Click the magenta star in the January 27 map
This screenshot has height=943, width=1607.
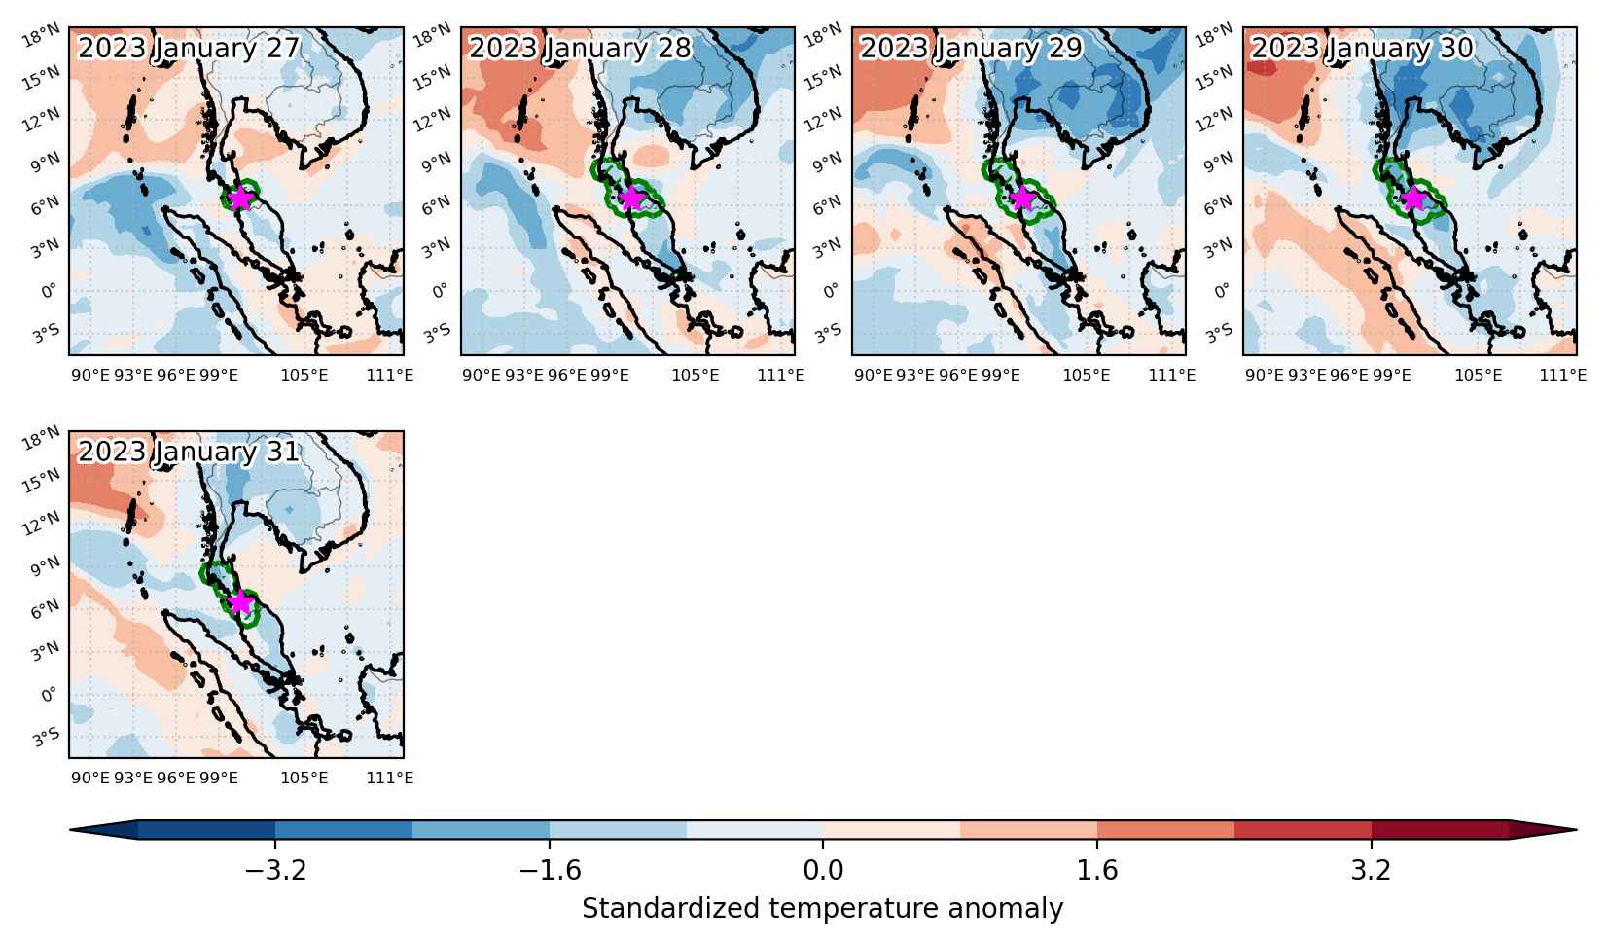tap(241, 198)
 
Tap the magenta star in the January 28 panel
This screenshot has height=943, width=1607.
tap(631, 198)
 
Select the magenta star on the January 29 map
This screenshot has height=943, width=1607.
tap(1022, 198)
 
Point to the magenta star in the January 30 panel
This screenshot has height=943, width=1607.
tap(1413, 198)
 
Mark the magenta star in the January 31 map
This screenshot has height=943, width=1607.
tap(241, 602)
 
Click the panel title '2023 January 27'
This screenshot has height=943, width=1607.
tap(189, 48)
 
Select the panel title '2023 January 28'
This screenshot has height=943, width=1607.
tap(580, 48)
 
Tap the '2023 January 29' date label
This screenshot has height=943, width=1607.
tap(971, 48)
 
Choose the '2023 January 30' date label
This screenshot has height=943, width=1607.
tap(1362, 48)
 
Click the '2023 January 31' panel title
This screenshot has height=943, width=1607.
tap(189, 453)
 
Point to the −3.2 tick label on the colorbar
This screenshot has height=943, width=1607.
tap(275, 871)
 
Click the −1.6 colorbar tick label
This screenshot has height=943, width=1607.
tap(551, 871)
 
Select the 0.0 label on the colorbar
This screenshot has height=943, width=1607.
tap(824, 871)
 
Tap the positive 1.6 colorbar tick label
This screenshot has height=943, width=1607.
tap(1097, 871)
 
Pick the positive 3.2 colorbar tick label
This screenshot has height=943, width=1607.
tap(1372, 871)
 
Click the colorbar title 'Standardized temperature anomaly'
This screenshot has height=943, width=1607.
tap(823, 909)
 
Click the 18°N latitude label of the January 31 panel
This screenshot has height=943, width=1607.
tap(42, 438)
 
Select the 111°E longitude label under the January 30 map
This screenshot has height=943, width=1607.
tap(1563, 375)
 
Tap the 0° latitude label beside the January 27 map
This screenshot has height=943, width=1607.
tap(49, 291)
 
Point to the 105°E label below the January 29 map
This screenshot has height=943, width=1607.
tap(1087, 375)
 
